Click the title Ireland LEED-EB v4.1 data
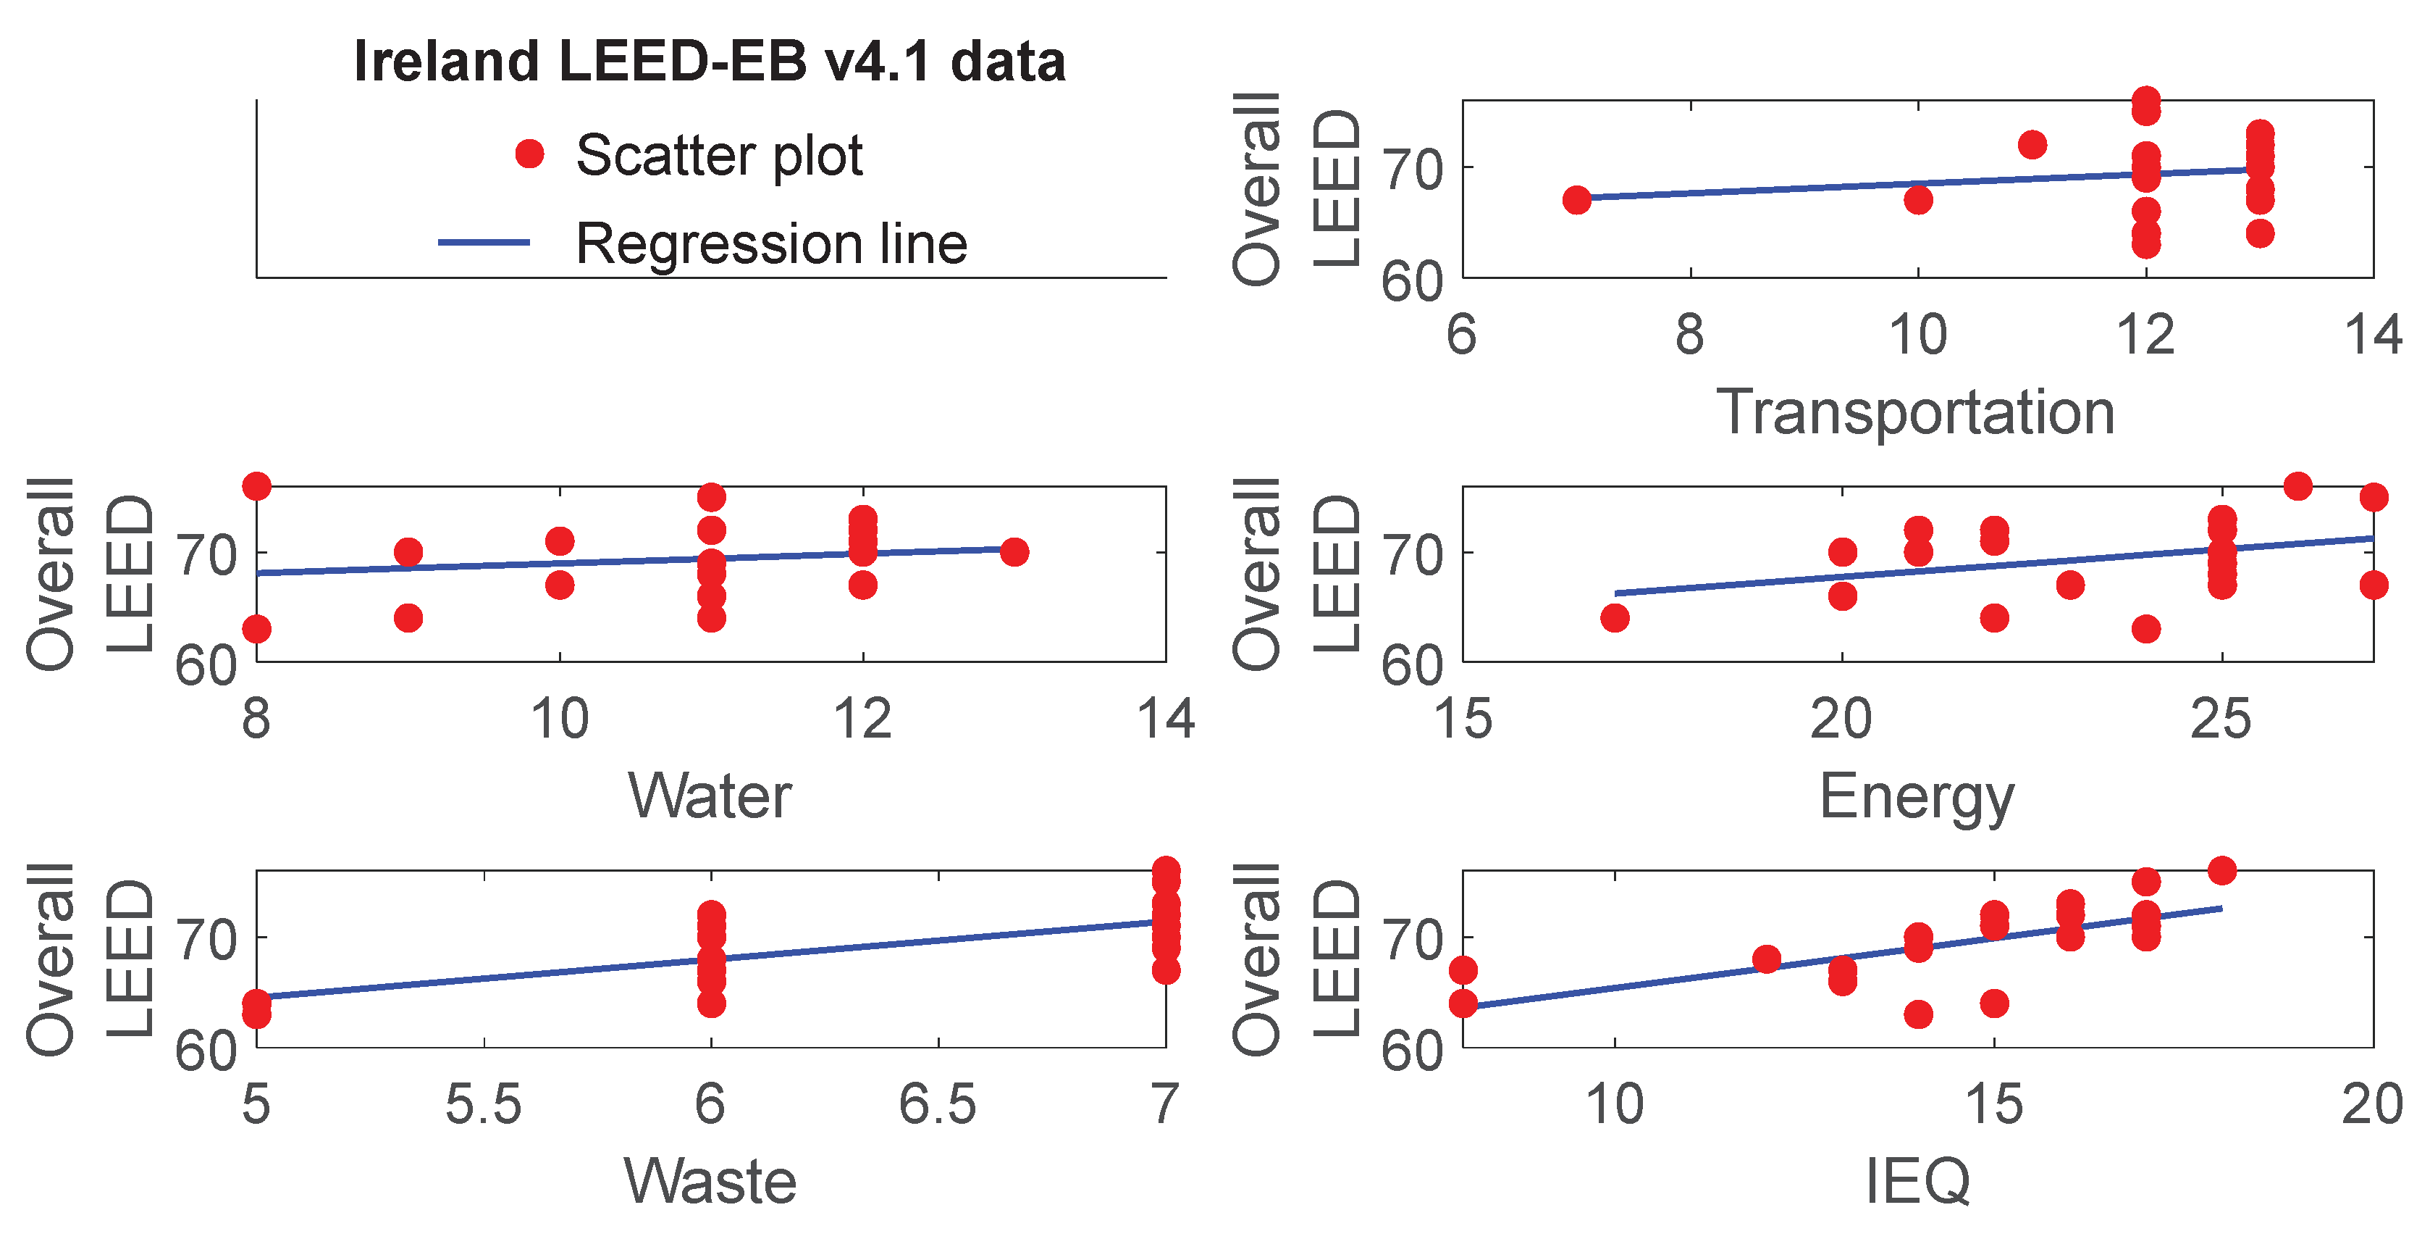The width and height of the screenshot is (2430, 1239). pos(710,62)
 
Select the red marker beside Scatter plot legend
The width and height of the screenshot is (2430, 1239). pos(529,154)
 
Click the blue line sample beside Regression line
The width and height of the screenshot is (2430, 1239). pos(484,243)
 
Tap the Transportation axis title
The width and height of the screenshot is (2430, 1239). pos(1915,412)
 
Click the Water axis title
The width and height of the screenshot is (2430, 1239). pos(710,796)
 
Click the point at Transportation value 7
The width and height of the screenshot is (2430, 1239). pos(1576,200)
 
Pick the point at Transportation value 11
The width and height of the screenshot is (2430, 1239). pos(2032,144)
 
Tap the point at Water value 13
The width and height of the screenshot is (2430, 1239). pos(1014,552)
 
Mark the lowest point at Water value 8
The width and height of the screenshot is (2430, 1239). pos(256,628)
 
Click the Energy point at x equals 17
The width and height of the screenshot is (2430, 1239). pos(1615,618)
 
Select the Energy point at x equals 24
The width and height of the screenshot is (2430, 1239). pos(2146,628)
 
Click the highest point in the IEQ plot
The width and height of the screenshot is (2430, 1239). pos(2221,870)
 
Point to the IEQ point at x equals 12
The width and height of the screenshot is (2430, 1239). pos(1767,960)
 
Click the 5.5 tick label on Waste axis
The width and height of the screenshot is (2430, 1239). pos(483,1104)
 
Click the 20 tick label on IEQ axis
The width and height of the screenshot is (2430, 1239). pos(2371,1104)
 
